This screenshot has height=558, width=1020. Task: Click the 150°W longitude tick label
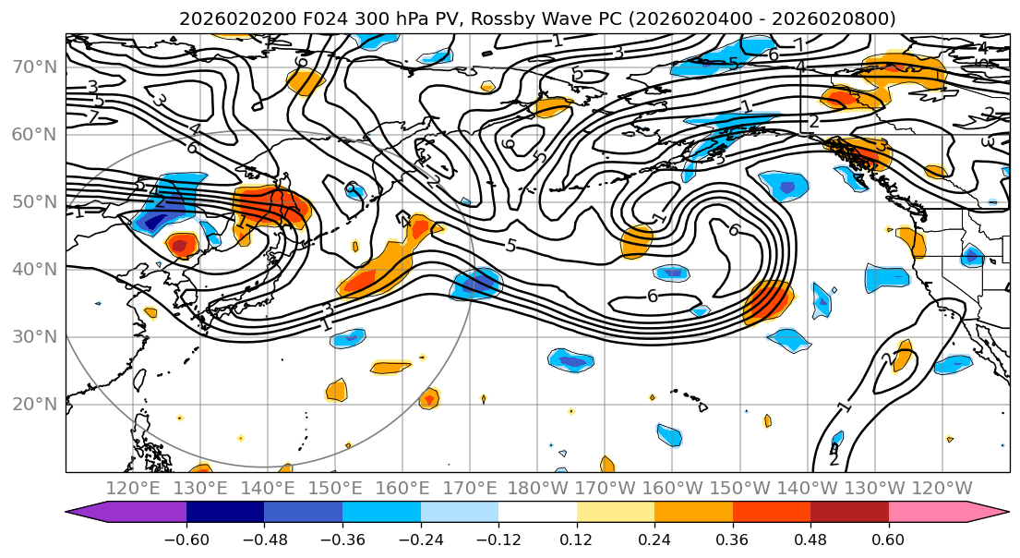click(x=740, y=488)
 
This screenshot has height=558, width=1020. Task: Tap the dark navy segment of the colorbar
click(x=224, y=512)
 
